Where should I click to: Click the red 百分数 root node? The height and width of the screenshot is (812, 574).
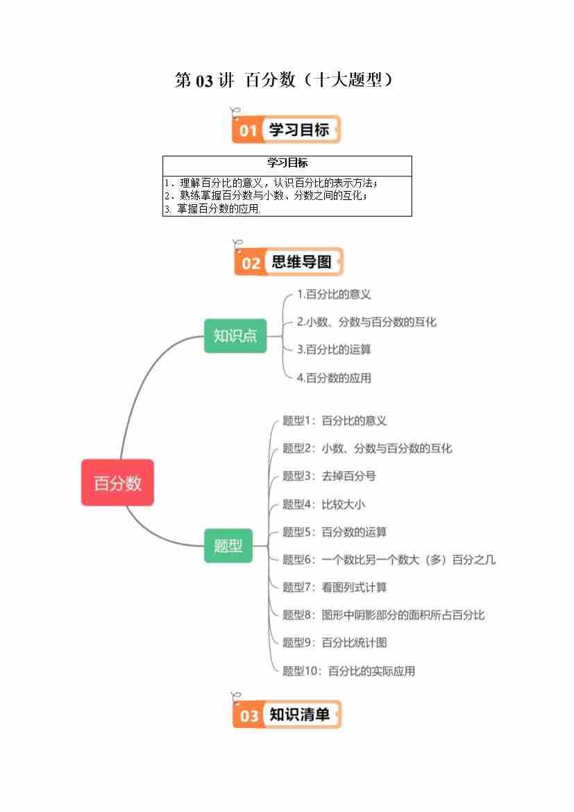tap(117, 483)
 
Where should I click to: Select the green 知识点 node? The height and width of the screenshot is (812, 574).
tap(235, 336)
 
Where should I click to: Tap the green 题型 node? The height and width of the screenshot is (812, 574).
tap(228, 545)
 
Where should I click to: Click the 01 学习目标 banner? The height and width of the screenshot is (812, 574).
tap(286, 130)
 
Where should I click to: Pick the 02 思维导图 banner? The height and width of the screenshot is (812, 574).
tap(288, 262)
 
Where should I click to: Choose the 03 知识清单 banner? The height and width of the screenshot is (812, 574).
tap(287, 714)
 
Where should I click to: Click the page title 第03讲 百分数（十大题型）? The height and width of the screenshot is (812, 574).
tap(284, 81)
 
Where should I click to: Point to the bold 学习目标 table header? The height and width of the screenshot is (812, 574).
tap(287, 163)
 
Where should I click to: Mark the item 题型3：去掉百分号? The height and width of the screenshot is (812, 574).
tap(329, 477)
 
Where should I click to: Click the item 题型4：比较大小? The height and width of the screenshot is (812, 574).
tap(323, 504)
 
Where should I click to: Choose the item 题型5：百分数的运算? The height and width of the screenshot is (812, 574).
tap(335, 532)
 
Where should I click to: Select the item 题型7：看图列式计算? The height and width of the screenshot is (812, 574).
tap(335, 588)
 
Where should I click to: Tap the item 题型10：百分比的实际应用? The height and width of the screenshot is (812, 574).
tap(348, 671)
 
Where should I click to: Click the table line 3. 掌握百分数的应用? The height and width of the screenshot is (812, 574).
tap(212, 209)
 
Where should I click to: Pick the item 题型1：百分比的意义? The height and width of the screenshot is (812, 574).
tap(335, 421)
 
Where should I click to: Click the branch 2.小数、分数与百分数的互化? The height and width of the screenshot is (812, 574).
tap(366, 322)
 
